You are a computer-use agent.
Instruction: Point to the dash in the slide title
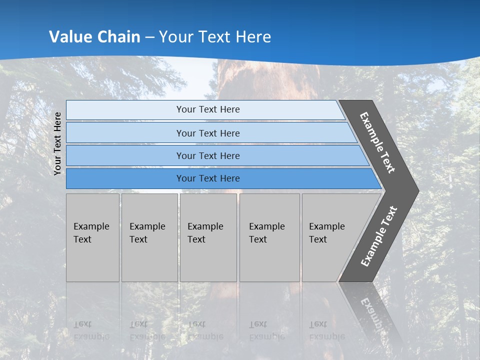150,37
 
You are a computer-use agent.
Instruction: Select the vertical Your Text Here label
57,143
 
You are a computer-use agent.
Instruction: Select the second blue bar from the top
207,133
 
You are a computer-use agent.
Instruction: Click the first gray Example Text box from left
92,237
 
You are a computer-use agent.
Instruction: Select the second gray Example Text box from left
149,237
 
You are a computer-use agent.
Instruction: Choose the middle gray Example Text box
208,237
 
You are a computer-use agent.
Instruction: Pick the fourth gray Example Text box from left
269,237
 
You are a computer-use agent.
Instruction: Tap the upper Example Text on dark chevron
377,142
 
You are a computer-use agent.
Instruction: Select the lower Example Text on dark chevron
379,236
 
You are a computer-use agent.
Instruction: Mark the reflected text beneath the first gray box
91,330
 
